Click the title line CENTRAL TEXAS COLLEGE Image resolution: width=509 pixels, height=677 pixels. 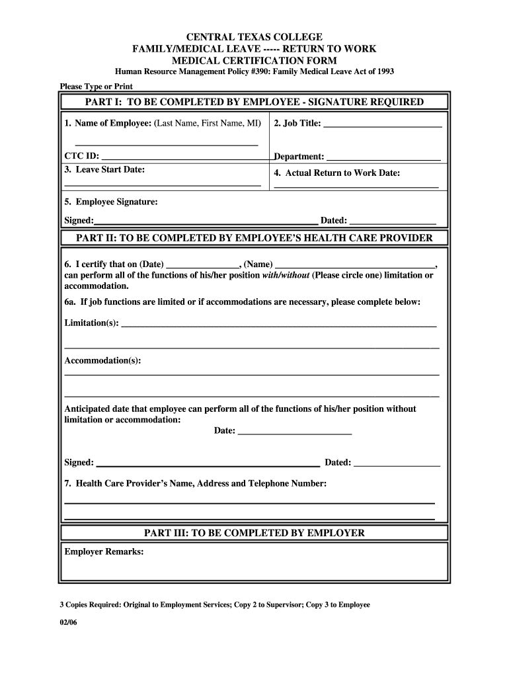(x=255, y=36)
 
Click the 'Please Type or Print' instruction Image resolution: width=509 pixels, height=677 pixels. (x=97, y=87)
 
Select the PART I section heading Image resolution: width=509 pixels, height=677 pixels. (x=255, y=102)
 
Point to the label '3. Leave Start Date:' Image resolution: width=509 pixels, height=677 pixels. (x=104, y=169)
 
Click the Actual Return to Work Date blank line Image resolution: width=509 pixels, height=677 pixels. (x=356, y=187)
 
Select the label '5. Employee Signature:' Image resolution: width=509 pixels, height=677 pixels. (x=111, y=202)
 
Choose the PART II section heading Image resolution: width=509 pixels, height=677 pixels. (x=255, y=238)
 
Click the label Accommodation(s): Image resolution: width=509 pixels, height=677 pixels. (x=102, y=360)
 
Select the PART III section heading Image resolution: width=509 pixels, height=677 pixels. (x=255, y=533)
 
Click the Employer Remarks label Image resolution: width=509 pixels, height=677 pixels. (x=104, y=551)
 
